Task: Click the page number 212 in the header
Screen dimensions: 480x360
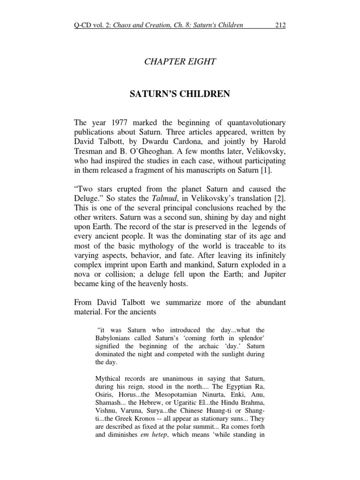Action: coord(280,25)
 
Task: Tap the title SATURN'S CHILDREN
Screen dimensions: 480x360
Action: coord(180,94)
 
